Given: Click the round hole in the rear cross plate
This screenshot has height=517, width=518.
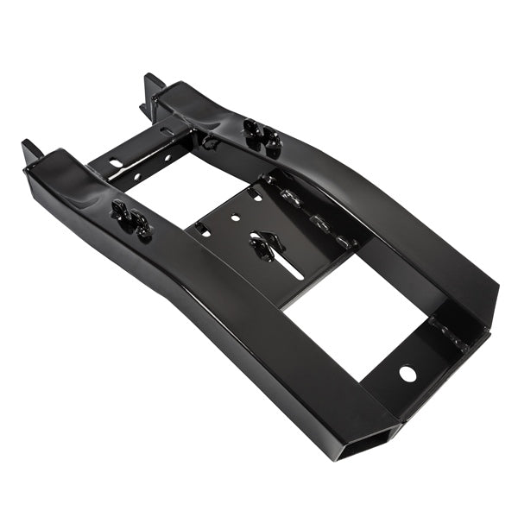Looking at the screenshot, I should click(407, 374).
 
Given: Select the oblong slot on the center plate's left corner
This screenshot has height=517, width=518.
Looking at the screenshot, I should click(202, 230).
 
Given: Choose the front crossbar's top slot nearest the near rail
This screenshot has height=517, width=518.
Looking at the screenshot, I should click(117, 161).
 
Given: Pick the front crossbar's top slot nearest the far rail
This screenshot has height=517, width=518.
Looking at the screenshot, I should click(166, 132).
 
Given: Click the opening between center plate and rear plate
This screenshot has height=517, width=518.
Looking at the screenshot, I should click(345, 311).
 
